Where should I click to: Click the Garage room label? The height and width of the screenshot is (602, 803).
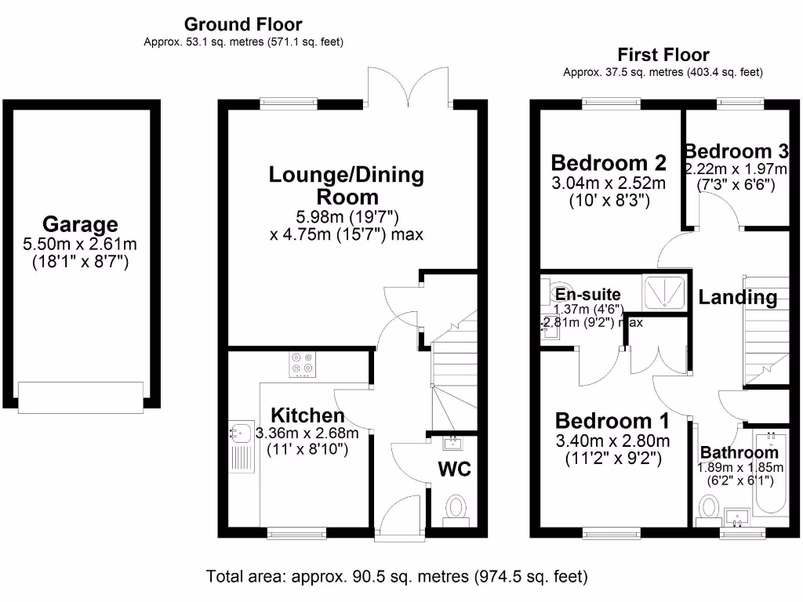click(80, 225)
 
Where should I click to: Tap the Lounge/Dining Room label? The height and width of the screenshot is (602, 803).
click(346, 185)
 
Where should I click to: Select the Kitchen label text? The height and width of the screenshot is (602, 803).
click(307, 415)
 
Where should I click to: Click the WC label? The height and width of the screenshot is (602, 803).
click(454, 469)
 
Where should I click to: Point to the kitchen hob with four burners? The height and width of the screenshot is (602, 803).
click(303, 365)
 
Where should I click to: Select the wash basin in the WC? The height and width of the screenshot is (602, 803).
click(453, 444)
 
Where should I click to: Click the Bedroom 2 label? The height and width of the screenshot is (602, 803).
click(609, 163)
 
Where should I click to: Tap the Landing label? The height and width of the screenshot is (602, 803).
click(738, 297)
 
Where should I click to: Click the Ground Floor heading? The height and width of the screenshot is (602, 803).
click(242, 25)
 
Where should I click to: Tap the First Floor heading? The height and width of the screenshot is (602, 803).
click(663, 55)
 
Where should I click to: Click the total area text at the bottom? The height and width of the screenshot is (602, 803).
click(396, 577)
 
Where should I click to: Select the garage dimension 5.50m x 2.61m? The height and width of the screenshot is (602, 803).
click(80, 245)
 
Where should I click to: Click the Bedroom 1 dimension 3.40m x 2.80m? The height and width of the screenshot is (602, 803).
click(612, 441)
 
